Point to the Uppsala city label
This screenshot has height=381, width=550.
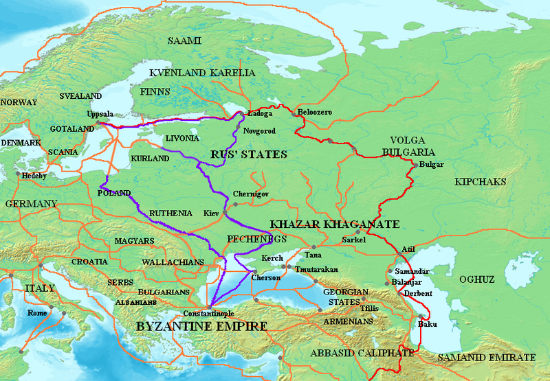click(100, 114)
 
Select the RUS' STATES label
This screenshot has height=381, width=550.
click(249, 154)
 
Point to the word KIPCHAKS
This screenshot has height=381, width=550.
click(480, 182)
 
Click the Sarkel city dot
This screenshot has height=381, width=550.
click(357, 232)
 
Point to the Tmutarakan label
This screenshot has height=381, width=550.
click(316, 269)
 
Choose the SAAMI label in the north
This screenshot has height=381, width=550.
click(184, 42)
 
